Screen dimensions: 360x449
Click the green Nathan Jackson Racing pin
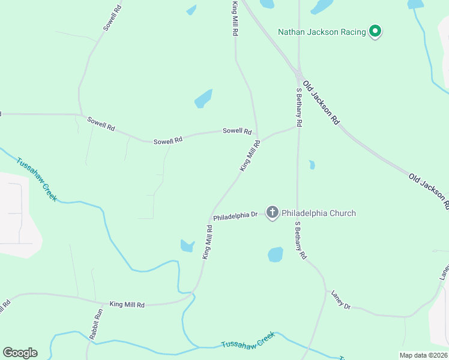point(375,31)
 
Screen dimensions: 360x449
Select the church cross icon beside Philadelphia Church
point(273,212)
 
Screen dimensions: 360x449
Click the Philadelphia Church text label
point(319,213)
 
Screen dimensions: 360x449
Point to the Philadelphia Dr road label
point(235,215)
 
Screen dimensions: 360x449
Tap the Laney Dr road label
point(340,299)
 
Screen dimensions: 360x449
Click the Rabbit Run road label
point(96,324)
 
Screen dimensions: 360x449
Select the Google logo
point(20,353)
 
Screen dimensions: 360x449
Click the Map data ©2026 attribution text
point(424,355)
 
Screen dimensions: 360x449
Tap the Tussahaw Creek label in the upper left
point(37,179)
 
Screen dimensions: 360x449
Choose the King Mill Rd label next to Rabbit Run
point(127,305)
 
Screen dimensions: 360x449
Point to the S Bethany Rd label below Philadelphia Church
point(301,240)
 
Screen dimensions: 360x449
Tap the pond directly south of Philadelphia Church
point(276,254)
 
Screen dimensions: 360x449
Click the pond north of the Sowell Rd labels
point(203,98)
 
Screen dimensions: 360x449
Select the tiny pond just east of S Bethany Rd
point(312,164)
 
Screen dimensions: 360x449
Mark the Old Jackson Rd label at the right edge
point(429,190)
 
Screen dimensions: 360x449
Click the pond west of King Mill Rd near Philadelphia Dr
point(187,245)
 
